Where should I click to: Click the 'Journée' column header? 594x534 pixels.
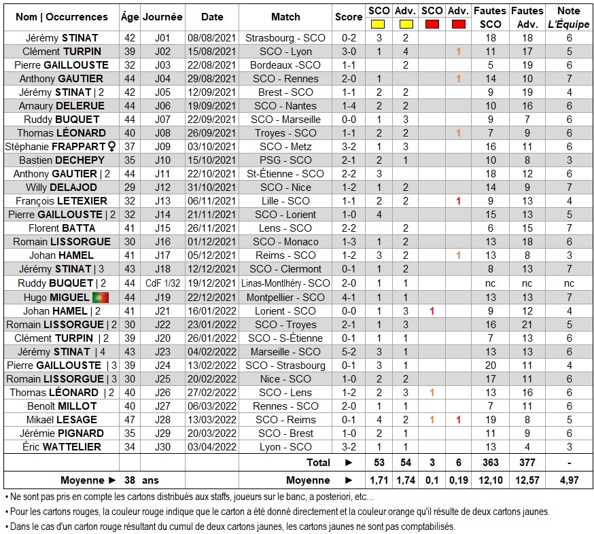click(x=162, y=17)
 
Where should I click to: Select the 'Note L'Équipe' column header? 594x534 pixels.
click(x=569, y=17)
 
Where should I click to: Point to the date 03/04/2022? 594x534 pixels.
click(x=212, y=447)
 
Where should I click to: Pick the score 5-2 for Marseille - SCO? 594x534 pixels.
click(x=349, y=351)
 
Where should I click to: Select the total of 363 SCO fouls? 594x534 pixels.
click(x=490, y=463)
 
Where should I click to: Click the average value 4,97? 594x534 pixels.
click(x=569, y=481)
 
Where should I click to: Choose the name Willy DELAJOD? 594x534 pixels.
click(x=61, y=188)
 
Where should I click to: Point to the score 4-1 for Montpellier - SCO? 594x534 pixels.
click(x=349, y=297)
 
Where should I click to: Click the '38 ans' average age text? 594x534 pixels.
click(x=139, y=481)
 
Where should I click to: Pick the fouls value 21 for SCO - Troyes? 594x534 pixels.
click(x=527, y=324)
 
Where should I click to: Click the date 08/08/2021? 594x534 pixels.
click(x=212, y=37)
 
